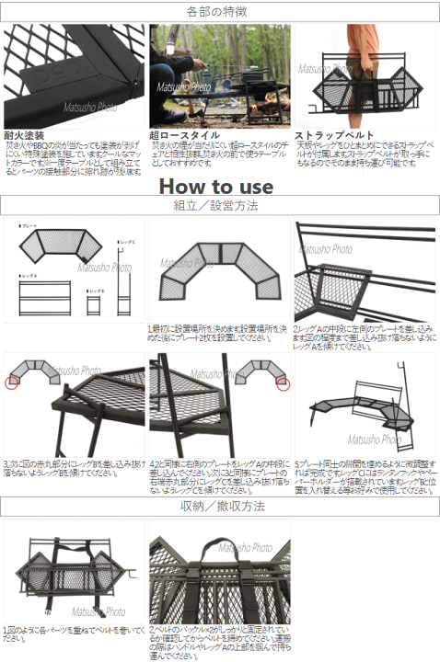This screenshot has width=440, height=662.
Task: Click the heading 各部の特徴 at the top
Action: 219,12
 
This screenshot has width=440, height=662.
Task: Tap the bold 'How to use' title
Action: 216,186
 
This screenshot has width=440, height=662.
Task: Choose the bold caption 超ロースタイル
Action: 184,134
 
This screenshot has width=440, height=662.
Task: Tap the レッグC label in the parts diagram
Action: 127,242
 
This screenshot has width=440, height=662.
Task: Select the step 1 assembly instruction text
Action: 216,333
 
